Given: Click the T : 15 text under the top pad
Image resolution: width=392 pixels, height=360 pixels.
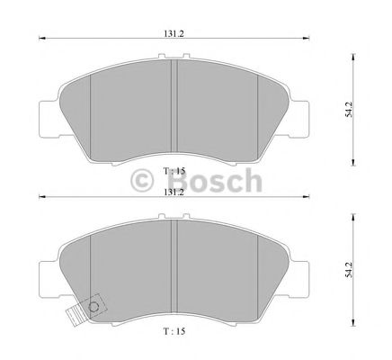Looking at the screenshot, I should coord(174,171).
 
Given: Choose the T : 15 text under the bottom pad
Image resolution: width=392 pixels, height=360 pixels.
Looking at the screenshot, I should coord(174,331).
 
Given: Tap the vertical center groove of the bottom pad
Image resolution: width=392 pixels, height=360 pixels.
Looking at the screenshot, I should coord(174,265).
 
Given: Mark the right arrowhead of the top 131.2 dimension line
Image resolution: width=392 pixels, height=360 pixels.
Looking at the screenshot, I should coord(308,40).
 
